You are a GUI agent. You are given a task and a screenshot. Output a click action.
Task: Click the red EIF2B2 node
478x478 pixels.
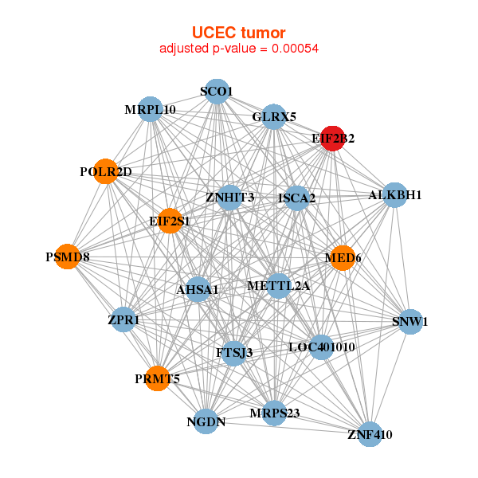coord(332,139)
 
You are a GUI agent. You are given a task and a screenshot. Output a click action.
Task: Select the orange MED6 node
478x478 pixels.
coord(342,258)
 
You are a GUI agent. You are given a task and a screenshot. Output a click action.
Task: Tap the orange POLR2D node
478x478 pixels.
coord(106,172)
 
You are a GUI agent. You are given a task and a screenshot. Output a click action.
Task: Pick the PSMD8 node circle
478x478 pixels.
coord(68,257)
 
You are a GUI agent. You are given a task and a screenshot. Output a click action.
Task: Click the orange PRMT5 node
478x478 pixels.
coord(157,379)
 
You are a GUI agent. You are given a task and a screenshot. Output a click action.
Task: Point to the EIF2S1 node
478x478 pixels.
coord(170,221)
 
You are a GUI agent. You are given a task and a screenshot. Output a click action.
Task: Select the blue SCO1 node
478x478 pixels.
coord(217,92)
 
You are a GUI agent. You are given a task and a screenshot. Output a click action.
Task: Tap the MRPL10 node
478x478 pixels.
coord(151,109)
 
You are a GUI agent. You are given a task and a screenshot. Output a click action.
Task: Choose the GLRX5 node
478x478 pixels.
coord(273,117)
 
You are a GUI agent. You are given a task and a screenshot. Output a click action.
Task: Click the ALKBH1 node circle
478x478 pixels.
coord(395,195)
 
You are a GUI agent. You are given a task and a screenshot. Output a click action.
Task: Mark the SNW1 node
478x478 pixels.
coord(409,322)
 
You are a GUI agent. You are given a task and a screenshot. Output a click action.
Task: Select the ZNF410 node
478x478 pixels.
coord(370,434)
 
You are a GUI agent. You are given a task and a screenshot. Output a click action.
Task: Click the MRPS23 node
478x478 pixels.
coord(274,413)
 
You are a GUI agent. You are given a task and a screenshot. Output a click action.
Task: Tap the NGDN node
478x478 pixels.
coord(206,422)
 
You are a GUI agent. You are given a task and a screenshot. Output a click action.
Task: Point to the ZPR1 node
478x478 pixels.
coord(123,320)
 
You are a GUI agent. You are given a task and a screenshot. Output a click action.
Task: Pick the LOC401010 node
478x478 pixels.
coord(321,347)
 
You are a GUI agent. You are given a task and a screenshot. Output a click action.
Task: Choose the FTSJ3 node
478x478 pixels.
coord(233,352)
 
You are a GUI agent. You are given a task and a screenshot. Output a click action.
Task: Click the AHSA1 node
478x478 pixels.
coord(198,290)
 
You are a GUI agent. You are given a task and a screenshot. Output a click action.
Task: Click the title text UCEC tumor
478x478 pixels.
coord(239,33)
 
